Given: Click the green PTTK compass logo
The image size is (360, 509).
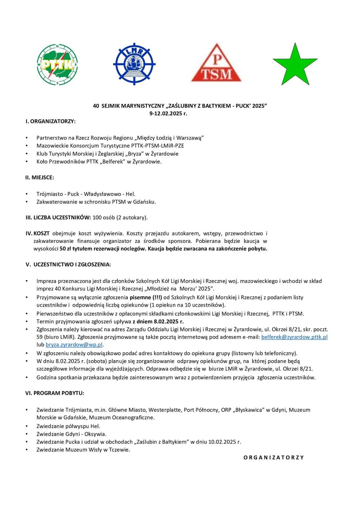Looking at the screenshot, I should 57,64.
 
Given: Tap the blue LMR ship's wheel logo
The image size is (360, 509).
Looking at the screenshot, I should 134,64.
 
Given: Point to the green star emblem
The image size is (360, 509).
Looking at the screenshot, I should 295,65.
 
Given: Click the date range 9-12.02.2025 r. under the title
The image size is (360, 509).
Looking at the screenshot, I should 168,114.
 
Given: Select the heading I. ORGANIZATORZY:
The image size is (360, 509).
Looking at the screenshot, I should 51,121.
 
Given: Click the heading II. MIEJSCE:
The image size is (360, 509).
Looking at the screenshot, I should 40,178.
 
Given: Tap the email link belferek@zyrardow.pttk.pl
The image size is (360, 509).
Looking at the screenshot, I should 294,337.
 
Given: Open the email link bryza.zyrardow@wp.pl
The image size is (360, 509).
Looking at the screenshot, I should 74,345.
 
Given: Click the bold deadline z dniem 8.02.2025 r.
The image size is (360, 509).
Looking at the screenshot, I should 158,321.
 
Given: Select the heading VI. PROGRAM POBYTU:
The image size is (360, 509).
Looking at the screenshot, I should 55,393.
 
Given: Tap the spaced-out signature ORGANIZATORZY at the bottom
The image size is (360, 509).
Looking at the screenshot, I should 274,458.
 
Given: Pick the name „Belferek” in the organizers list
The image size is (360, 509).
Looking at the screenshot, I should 113,162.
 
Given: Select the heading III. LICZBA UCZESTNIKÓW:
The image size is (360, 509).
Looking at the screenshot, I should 58,218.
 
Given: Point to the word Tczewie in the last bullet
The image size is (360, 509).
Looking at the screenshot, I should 119,450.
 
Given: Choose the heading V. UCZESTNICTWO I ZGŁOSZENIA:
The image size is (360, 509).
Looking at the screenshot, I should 68,264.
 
